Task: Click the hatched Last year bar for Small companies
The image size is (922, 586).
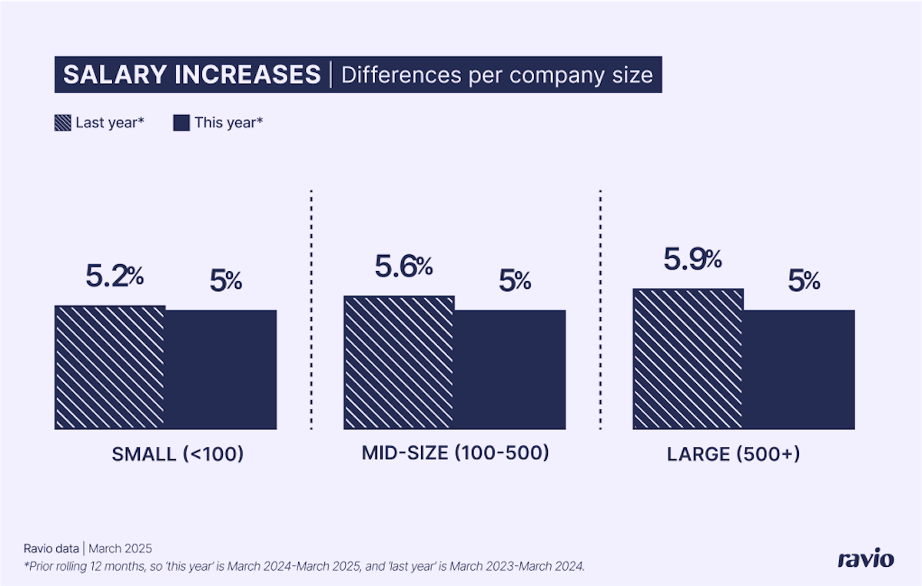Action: (x=110, y=367)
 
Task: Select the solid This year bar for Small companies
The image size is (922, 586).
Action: (x=221, y=369)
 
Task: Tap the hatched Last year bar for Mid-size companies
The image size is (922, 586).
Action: (x=399, y=362)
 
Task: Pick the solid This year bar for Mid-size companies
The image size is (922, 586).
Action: (x=510, y=369)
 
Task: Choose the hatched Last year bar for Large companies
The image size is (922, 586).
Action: (x=688, y=359)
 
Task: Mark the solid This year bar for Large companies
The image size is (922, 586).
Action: (x=799, y=369)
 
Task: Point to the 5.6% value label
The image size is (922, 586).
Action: (x=403, y=267)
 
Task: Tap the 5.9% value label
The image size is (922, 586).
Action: (x=692, y=260)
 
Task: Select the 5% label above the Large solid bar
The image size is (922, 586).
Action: (x=804, y=281)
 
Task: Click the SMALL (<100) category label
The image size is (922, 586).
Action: (x=177, y=454)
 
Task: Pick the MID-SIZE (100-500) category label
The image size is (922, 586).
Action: (x=456, y=453)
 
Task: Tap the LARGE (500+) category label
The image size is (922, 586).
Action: (x=734, y=454)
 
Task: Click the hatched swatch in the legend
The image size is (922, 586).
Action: (x=63, y=122)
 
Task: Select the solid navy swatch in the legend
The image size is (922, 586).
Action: (x=181, y=122)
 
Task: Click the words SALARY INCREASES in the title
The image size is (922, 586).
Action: (x=191, y=74)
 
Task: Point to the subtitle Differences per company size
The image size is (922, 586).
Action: (x=496, y=75)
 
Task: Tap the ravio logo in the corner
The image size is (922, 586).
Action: (x=865, y=558)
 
